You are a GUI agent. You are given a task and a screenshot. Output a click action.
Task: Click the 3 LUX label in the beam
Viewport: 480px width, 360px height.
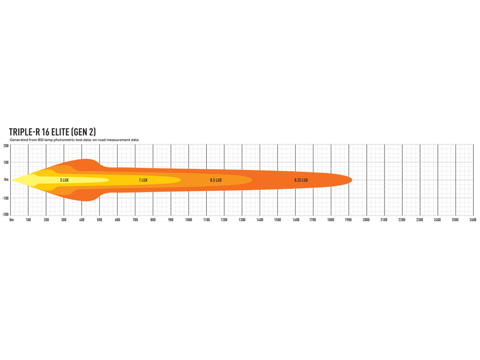click(x=64, y=180)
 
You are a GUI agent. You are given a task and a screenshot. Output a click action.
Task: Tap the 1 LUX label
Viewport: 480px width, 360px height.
click(x=143, y=180)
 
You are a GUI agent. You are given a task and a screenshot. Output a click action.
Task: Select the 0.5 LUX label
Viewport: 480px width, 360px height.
click(x=216, y=180)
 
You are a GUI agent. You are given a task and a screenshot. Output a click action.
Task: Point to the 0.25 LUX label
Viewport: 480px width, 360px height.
click(x=301, y=180)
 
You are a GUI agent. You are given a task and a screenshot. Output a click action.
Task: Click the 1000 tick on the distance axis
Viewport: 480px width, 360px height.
click(x=189, y=220)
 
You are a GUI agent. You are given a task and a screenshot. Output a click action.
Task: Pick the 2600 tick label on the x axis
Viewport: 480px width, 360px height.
click(x=473, y=220)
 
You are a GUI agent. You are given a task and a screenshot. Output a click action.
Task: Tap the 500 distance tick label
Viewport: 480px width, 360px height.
click(x=99, y=220)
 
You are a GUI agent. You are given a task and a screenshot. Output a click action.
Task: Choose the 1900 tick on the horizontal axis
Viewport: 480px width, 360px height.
click(x=348, y=220)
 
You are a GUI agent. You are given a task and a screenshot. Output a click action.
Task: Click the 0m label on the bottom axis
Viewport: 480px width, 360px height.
click(x=12, y=220)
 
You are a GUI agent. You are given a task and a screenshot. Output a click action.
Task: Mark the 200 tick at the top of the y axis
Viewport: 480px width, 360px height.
click(x=6, y=146)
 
